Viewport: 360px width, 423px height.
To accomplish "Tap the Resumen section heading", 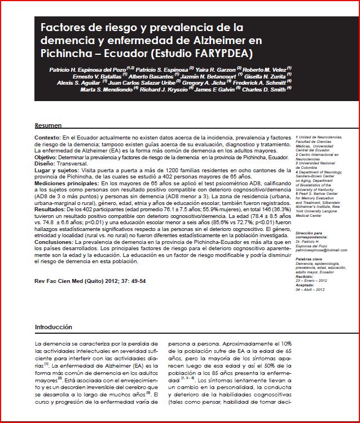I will pos(48,125).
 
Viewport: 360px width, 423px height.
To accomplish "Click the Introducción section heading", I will pos(54,327).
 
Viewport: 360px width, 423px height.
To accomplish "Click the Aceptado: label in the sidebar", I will pos(305,286).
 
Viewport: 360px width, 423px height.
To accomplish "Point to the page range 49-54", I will pos(138,280).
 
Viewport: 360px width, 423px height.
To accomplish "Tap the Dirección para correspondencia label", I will pos(311,235).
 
